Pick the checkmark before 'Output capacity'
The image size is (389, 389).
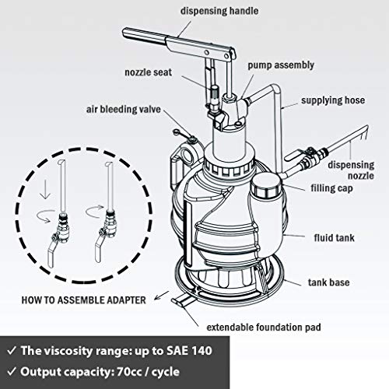click(x=15, y=373)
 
